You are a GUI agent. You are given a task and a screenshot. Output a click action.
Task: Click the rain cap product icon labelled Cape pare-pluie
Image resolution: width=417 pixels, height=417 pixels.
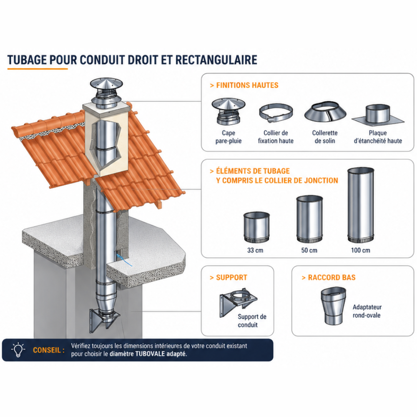coord(229,111)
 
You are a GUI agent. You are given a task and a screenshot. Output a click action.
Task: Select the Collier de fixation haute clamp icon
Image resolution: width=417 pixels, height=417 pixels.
coord(276,113)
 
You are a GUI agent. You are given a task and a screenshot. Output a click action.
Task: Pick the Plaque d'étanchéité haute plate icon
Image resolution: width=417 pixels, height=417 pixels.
coord(378,116)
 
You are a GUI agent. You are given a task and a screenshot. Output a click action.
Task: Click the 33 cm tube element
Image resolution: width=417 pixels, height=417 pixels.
coord(256,227)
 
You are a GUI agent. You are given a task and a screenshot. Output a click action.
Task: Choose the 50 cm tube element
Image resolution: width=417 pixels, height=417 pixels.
coord(309,219)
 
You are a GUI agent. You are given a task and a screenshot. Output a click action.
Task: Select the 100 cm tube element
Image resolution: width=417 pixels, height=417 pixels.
coord(361,205)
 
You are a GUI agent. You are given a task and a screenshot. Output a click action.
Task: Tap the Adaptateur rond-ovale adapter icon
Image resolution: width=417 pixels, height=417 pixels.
coord(334,306)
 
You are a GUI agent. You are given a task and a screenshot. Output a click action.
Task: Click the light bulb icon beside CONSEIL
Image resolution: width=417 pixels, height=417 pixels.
coord(18,350)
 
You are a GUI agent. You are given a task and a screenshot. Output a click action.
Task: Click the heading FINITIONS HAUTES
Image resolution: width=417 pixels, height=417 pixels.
coord(247,85)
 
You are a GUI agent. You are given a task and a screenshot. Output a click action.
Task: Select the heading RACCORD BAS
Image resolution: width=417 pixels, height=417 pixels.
coord(332,278)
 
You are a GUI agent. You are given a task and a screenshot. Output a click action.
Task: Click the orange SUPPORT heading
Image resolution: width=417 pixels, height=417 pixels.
coord(231,278)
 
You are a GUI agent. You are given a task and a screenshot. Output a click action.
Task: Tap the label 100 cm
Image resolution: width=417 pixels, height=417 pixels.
coord(361,250)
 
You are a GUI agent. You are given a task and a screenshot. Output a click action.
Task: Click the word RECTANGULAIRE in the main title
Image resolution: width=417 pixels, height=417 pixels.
coord(216,60)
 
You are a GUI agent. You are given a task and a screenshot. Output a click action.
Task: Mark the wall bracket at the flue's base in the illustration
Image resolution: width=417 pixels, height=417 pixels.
coord(105,320)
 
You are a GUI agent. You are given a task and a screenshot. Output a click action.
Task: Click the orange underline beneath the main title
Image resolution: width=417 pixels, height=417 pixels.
coord(38,69)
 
